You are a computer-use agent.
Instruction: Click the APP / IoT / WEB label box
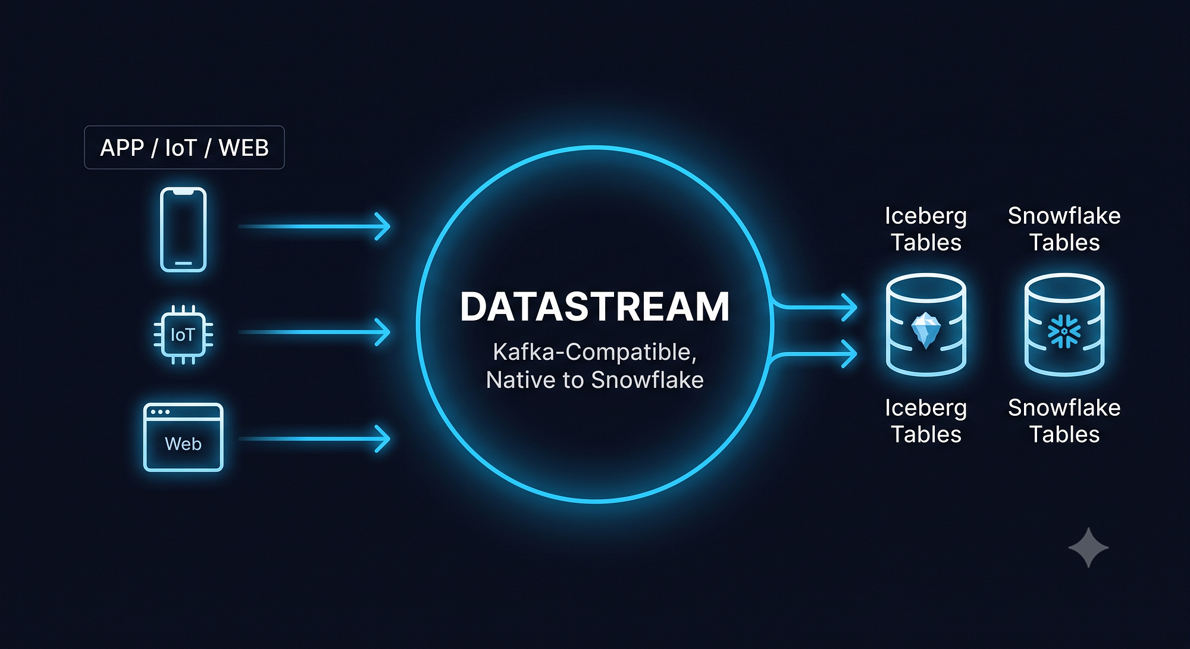pos(184,148)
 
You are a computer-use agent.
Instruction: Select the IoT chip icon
pos(183,334)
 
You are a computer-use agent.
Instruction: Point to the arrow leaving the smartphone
pos(314,226)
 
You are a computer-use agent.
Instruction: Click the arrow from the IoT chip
pos(314,332)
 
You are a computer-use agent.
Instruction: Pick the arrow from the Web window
pos(314,438)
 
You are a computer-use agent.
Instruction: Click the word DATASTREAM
pos(595,307)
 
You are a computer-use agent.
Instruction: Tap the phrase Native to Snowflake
pos(595,380)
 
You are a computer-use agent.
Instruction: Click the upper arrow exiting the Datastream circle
pos(814,307)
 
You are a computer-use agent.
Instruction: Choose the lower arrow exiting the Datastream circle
pos(814,355)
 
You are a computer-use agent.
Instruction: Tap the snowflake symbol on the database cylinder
pos(1064,331)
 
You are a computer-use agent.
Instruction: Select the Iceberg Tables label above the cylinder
pos(926,229)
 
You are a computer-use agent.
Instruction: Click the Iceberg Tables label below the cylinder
pos(926,421)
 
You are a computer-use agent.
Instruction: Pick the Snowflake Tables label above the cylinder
pos(1064,229)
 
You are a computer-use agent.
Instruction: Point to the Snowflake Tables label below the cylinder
pos(1064,421)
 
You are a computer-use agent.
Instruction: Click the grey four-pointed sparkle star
pos(1089,548)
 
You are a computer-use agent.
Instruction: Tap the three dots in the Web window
pos(160,412)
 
